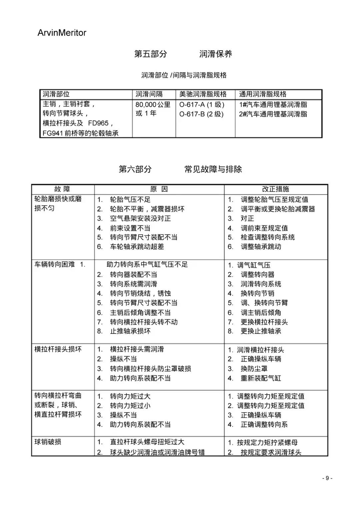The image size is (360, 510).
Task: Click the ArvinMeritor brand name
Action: pyautogui.click(x=62, y=33)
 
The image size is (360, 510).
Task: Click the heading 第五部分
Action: pyautogui.click(x=150, y=54)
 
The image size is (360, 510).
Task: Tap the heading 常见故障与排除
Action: pyautogui.click(x=213, y=169)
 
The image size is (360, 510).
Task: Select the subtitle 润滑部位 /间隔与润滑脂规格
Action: pyautogui.click(x=184, y=75)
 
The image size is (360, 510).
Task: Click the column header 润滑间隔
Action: pyautogui.click(x=149, y=94)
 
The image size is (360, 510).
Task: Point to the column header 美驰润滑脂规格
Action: pyautogui.click(x=203, y=94)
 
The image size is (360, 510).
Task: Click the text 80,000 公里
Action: pyautogui.click(x=153, y=104)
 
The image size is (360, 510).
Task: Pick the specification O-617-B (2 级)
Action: pyautogui.click(x=201, y=114)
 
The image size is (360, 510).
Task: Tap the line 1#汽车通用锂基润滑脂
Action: pyautogui.click(x=273, y=104)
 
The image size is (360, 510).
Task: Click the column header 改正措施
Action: pyautogui.click(x=275, y=189)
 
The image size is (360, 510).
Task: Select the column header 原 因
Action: pyautogui.click(x=159, y=189)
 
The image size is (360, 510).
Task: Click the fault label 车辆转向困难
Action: pyautogui.click(x=55, y=265)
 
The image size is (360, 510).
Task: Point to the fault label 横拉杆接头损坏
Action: pyautogui.click(x=58, y=349)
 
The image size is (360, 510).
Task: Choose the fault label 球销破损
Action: pyautogui.click(x=48, y=442)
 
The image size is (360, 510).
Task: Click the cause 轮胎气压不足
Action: pyautogui.click(x=130, y=199)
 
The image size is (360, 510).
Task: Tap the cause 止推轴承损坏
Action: pyautogui.click(x=130, y=331)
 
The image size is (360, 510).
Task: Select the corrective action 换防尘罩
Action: pyautogui.click(x=254, y=369)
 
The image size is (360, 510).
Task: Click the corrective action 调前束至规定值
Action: pyautogui.click(x=264, y=228)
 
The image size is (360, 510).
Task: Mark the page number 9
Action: pyautogui.click(x=327, y=478)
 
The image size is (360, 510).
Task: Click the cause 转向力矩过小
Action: pyautogui.click(x=130, y=406)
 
